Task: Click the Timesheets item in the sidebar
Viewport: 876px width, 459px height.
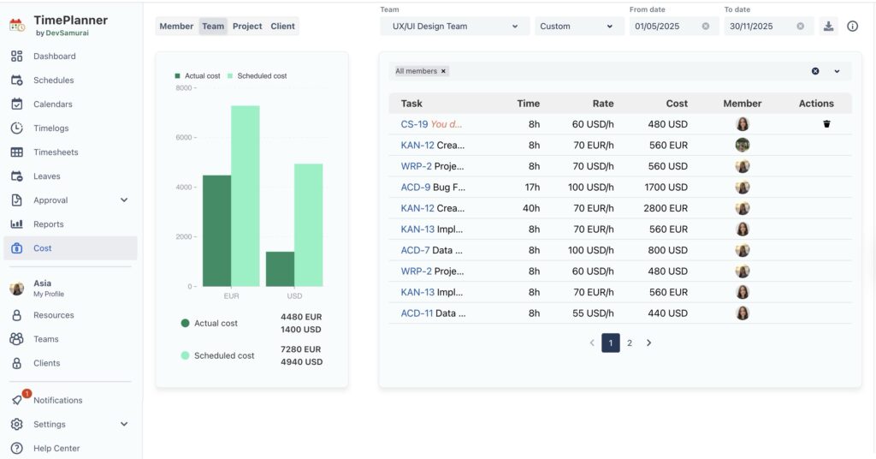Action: pyautogui.click(x=55, y=152)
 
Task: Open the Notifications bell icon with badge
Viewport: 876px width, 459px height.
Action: pyautogui.click(x=17, y=400)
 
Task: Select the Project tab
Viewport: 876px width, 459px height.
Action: pyautogui.click(x=247, y=27)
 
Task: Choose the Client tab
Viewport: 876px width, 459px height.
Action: pyautogui.click(x=282, y=27)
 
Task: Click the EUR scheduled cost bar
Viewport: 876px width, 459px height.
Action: pyautogui.click(x=245, y=196)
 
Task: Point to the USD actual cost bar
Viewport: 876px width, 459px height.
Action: pyautogui.click(x=280, y=269)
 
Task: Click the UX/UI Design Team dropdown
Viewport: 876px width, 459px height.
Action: pyautogui.click(x=453, y=27)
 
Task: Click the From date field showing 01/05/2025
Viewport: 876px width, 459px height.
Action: pyautogui.click(x=664, y=27)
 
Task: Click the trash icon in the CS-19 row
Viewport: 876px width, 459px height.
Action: pyautogui.click(x=826, y=124)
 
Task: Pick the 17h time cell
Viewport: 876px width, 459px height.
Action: pyautogui.click(x=531, y=188)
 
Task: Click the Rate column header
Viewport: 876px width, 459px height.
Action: pyautogui.click(x=603, y=104)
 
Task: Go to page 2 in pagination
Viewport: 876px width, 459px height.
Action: pyautogui.click(x=630, y=343)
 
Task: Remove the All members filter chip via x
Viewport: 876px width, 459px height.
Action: pyautogui.click(x=443, y=71)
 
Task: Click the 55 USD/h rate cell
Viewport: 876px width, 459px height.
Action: pyautogui.click(x=594, y=313)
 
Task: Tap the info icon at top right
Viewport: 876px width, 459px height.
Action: pyautogui.click(x=852, y=27)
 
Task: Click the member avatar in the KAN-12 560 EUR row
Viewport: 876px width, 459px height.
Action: pyautogui.click(x=743, y=146)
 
